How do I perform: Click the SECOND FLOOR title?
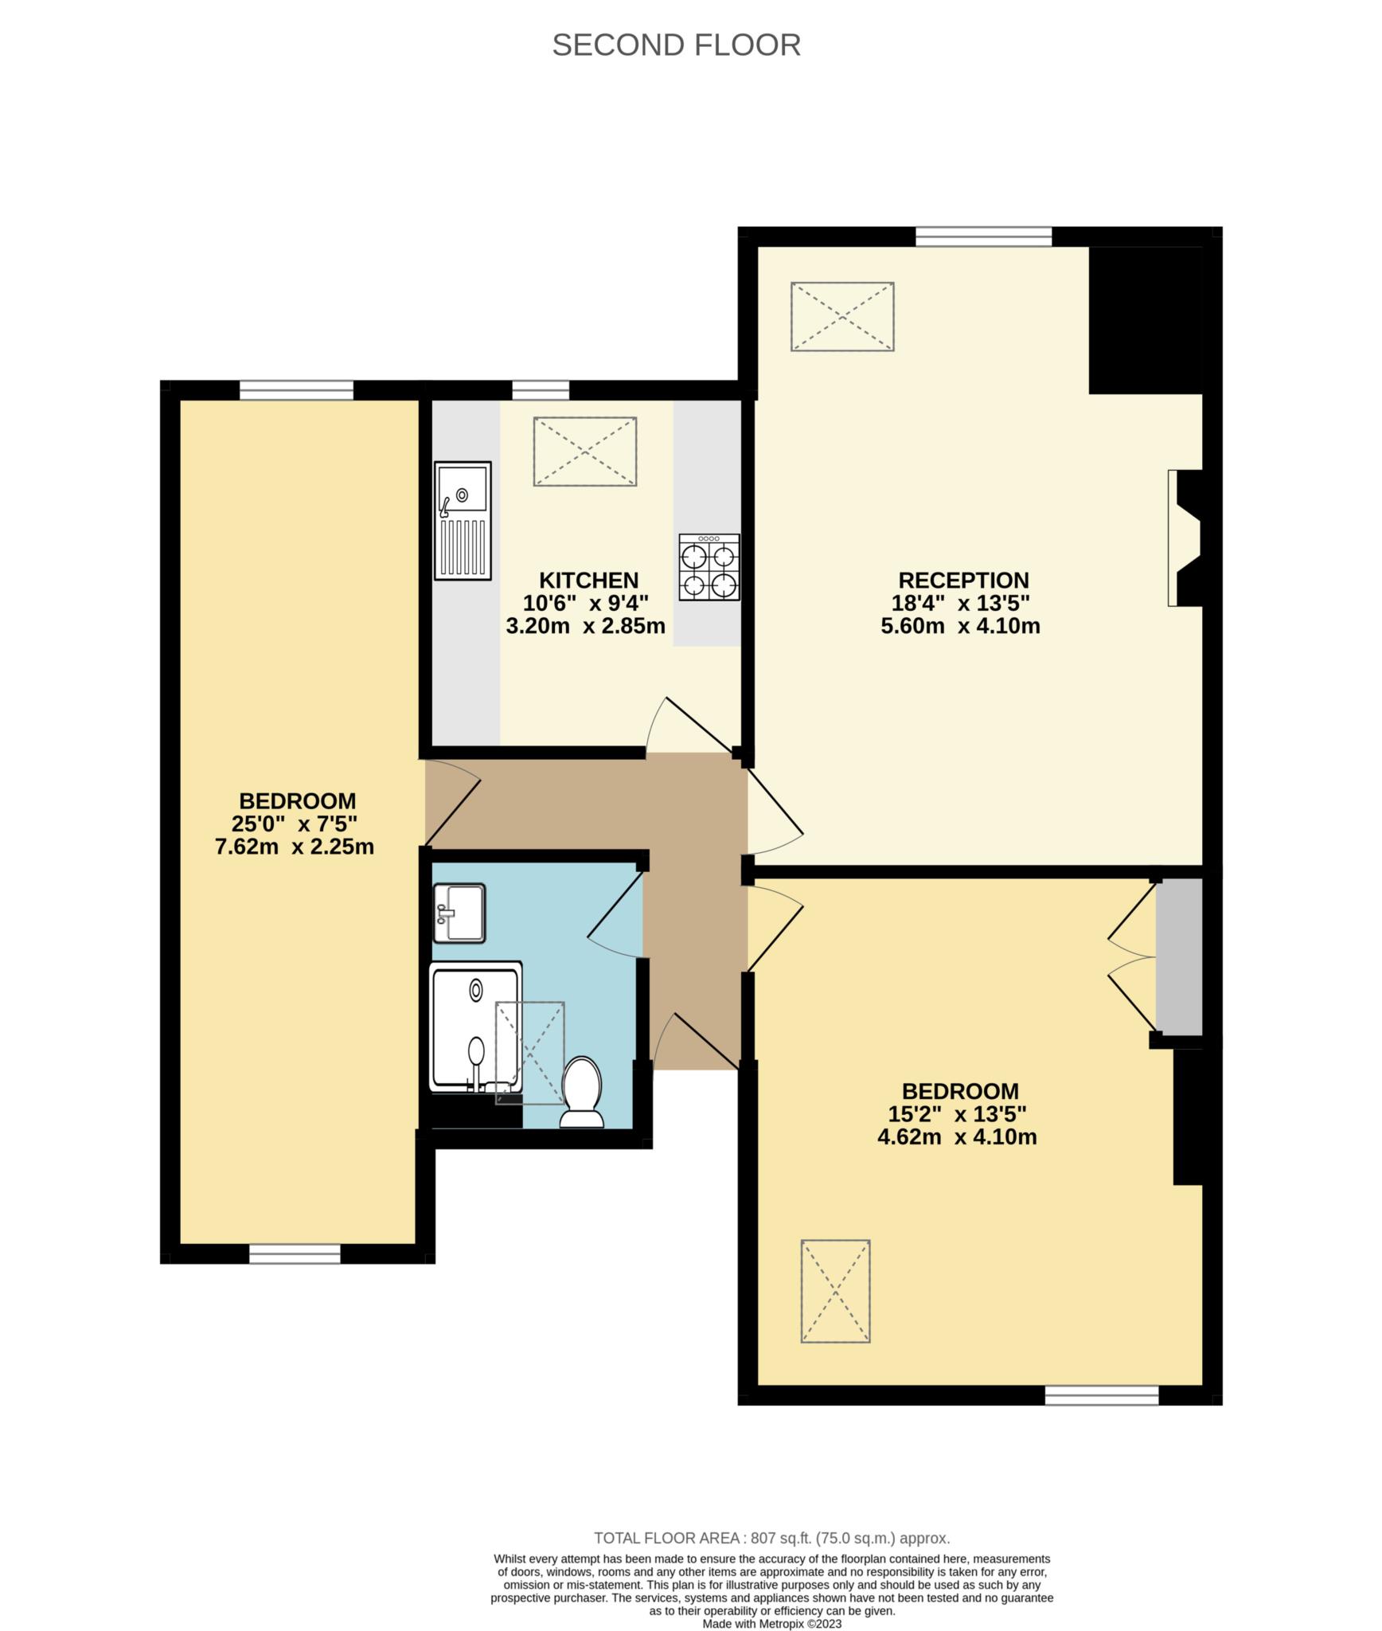(676, 45)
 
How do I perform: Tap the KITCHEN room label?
(588, 580)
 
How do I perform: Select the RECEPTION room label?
(963, 580)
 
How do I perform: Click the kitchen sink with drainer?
(463, 521)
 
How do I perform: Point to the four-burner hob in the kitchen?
(709, 567)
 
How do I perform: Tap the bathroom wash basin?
(459, 913)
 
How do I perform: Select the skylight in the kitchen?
(585, 452)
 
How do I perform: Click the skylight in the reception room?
(842, 316)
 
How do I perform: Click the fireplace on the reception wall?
(1185, 538)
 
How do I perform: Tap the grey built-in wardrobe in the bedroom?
(1179, 956)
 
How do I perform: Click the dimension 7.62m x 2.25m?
(295, 847)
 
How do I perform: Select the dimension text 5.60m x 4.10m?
(960, 626)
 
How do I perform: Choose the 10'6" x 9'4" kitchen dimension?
(586, 603)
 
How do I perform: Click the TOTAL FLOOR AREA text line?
(771, 1539)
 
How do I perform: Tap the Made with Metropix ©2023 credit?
(771, 1624)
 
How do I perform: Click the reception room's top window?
(983, 237)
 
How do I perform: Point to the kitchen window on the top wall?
(541, 389)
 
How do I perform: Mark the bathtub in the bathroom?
(476, 1027)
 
